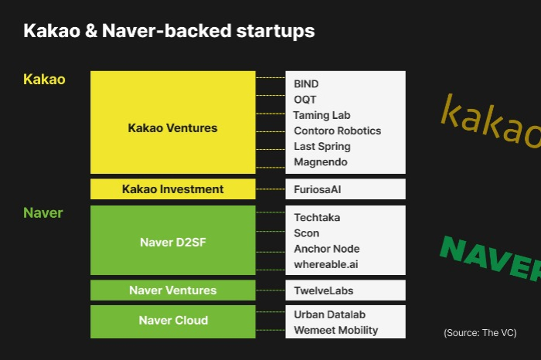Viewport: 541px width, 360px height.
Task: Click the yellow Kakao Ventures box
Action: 173,122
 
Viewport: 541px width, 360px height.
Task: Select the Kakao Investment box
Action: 173,189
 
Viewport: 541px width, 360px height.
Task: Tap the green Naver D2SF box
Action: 173,240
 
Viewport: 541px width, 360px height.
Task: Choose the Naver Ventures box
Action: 173,290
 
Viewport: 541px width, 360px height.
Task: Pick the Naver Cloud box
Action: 173,321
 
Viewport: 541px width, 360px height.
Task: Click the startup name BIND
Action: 306,84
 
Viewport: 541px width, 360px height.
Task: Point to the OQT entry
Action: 305,100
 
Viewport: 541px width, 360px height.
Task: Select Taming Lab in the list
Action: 322,115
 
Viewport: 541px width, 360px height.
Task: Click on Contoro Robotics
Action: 338,131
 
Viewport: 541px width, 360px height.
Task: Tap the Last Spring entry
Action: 322,147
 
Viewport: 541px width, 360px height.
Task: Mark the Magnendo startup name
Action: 321,162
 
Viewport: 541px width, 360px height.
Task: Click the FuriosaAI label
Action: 318,189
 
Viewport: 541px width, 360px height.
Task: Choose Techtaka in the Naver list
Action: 317,218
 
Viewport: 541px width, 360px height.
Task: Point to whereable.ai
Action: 326,264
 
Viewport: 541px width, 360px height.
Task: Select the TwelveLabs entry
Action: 324,290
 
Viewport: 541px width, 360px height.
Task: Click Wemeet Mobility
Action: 336,331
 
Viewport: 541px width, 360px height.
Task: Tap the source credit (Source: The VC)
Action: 480,333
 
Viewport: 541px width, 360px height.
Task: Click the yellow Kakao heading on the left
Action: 44,80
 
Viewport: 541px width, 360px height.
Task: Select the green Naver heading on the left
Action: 43,212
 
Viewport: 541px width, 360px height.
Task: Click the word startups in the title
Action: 275,31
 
